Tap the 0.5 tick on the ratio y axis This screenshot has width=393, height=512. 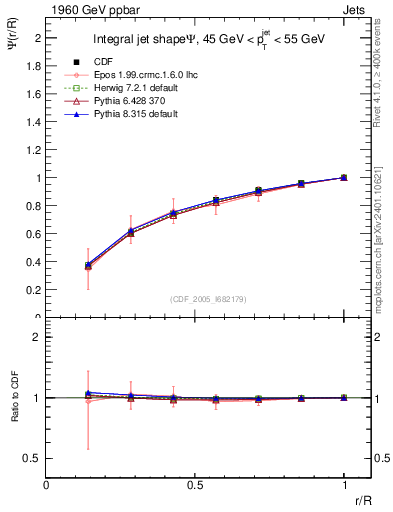[x=34, y=458]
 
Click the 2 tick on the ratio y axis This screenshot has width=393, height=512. [x=39, y=338]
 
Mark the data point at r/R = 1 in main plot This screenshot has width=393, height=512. [x=344, y=177]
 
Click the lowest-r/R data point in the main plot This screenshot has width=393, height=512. [x=88, y=266]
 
